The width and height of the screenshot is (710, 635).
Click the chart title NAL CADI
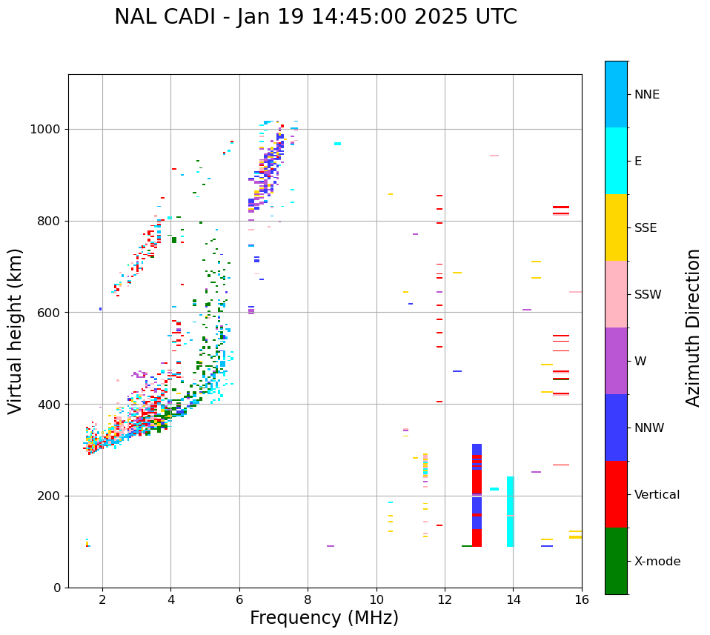(315, 17)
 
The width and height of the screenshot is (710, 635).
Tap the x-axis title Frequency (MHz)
(324, 618)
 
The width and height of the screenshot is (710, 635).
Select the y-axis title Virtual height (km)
(16, 330)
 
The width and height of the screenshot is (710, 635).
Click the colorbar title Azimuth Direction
(693, 327)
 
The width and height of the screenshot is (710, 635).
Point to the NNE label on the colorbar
(646, 95)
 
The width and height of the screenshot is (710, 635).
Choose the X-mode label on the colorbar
(657, 562)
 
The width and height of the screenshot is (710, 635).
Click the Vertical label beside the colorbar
(657, 495)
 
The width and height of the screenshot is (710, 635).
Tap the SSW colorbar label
(648, 295)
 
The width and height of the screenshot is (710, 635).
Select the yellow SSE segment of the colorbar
(616, 227)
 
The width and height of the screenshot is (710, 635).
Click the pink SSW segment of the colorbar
(616, 294)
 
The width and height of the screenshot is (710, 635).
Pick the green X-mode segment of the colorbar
(616, 561)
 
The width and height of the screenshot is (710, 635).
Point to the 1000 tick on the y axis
(47, 130)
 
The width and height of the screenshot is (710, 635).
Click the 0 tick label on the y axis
(58, 588)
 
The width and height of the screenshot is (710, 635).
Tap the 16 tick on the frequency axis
(582, 599)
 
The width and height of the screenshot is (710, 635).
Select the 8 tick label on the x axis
(308, 599)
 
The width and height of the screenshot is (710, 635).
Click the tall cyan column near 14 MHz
(510, 511)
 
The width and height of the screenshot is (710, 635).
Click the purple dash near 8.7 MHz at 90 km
(331, 546)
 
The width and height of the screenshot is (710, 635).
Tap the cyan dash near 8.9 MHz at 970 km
(337, 144)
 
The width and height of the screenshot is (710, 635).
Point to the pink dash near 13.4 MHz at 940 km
(494, 156)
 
